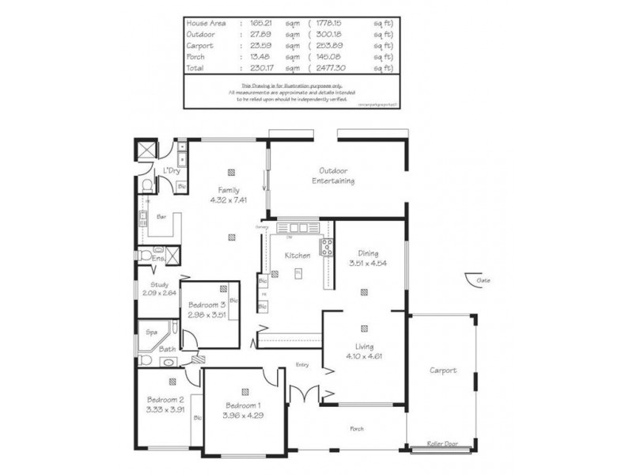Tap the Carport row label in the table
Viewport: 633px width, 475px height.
(198, 46)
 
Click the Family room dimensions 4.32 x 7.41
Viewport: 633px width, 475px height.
(229, 200)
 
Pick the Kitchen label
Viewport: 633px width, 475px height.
(297, 254)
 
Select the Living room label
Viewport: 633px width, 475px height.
(364, 347)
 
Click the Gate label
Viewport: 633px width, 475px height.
(482, 279)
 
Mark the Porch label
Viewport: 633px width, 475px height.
(358, 429)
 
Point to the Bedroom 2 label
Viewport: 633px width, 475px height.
(165, 399)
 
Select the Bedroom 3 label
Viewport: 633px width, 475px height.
(207, 305)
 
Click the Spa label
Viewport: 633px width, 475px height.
(150, 333)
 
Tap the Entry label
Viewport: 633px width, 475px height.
(302, 365)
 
